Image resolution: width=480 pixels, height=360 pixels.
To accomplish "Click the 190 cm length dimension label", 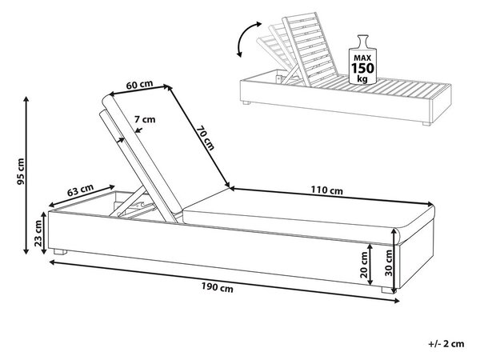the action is tap(217, 287).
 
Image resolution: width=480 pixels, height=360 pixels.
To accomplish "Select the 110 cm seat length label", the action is tap(327, 190).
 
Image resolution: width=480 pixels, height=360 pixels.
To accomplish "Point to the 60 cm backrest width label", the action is tap(139, 85).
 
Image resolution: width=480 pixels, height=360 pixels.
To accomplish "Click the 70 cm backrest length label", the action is tap(206, 138).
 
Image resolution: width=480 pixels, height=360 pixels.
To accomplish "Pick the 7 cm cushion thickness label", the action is tap(145, 119).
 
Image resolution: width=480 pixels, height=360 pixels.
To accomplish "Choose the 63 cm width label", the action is tap(81, 190).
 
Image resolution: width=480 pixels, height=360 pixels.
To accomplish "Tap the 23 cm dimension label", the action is tap(38, 234).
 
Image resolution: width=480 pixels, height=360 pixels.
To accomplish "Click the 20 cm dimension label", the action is tap(364, 265).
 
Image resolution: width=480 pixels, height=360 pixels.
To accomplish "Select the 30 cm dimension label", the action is tap(389, 263).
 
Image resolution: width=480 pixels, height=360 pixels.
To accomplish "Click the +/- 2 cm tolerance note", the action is tap(446, 344).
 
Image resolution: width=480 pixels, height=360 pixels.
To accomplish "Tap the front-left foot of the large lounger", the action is tap(60, 252).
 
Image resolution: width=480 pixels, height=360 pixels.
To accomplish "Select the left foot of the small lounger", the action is tap(246, 103).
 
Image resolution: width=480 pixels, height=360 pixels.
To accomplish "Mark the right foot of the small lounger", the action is tap(426, 124).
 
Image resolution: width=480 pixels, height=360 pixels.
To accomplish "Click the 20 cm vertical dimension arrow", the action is tap(371, 264).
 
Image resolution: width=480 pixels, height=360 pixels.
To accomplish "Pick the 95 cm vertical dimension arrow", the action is tap(26, 175).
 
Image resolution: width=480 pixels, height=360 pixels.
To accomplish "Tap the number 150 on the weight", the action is tap(362, 68).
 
